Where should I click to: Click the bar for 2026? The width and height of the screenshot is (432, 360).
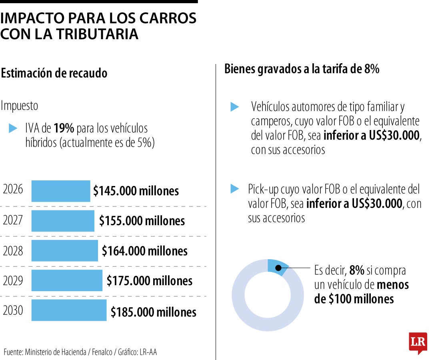pyautogui.click(x=61, y=191)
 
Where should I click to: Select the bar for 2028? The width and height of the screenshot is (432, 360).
pyautogui.click(x=64, y=251)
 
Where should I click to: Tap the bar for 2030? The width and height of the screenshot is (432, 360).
pyautogui.click(x=69, y=310)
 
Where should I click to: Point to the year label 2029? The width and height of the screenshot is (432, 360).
pyautogui.click(x=13, y=280)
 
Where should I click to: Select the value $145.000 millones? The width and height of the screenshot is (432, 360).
pyautogui.click(x=136, y=191)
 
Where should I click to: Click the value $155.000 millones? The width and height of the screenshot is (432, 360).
pyautogui.click(x=142, y=221)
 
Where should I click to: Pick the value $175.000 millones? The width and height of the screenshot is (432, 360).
pyautogui.click(x=149, y=280)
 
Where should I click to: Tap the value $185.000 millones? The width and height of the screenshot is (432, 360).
pyautogui.click(x=153, y=312)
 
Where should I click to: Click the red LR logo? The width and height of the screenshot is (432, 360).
pyautogui.click(x=418, y=343)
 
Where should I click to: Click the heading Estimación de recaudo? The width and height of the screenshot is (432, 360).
pyautogui.click(x=54, y=74)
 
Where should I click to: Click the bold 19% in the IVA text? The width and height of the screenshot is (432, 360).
pyautogui.click(x=64, y=128)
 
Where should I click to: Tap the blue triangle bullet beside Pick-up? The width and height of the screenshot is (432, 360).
pyautogui.click(x=235, y=189)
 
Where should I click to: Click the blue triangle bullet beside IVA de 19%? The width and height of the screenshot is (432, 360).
pyautogui.click(x=13, y=128)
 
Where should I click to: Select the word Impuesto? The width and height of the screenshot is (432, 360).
pyautogui.click(x=20, y=106)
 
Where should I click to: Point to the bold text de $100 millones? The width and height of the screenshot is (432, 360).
pyautogui.click(x=354, y=299)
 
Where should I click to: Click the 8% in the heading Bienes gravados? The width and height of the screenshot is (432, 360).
pyautogui.click(x=371, y=69)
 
